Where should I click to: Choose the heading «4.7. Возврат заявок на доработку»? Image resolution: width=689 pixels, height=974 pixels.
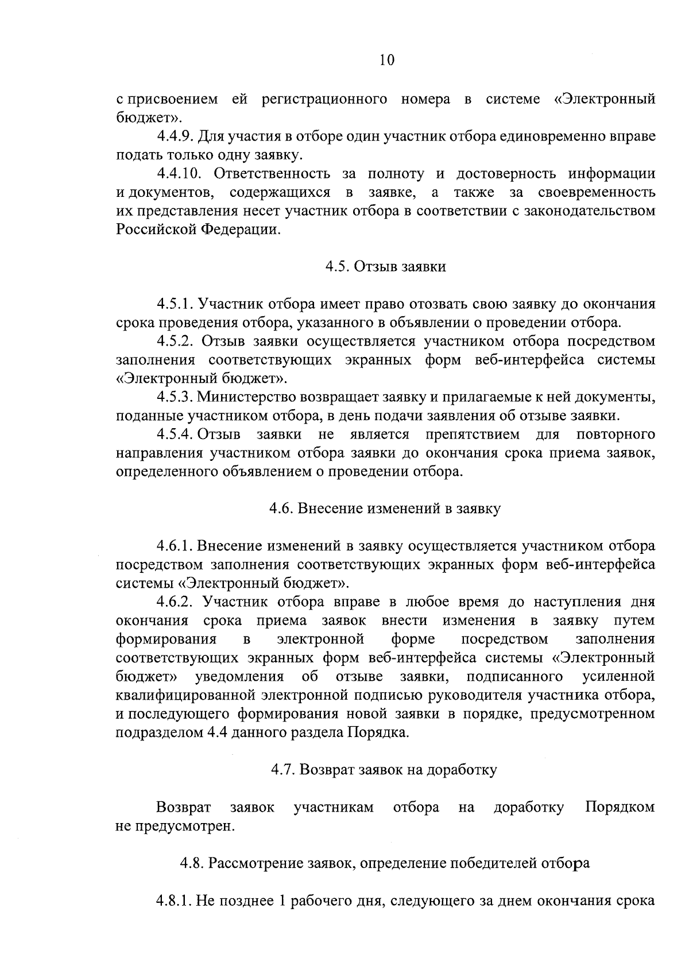pos(385,770)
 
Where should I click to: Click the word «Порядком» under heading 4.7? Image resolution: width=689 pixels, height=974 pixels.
pos(620,807)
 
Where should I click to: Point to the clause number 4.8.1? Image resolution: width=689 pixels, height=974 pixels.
pos(175,901)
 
